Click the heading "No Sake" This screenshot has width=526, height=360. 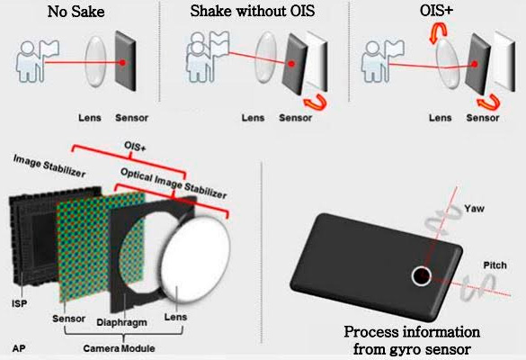(x=76, y=12)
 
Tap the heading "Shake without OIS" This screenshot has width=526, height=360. (x=253, y=11)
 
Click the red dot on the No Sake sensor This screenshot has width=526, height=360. (x=123, y=62)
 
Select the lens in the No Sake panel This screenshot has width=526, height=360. (x=95, y=61)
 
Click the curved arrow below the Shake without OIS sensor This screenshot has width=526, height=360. (x=316, y=102)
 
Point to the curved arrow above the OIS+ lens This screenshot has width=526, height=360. (x=439, y=32)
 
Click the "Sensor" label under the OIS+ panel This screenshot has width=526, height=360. (x=483, y=118)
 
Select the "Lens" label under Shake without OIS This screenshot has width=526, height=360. (x=253, y=118)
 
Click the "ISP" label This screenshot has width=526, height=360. (x=19, y=303)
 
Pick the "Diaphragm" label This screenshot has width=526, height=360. (x=121, y=323)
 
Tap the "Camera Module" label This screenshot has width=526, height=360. (x=119, y=348)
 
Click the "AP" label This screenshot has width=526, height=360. (x=19, y=348)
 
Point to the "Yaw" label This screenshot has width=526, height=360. (x=475, y=209)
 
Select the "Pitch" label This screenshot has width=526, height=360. (x=495, y=265)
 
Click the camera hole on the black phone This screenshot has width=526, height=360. (x=422, y=276)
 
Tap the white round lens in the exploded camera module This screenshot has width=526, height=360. (x=196, y=258)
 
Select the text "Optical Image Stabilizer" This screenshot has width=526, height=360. (x=174, y=184)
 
